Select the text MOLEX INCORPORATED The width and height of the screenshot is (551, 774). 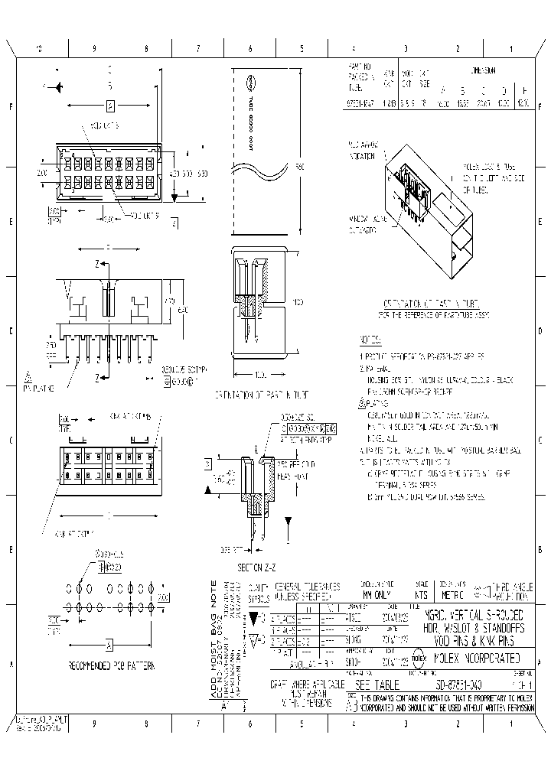pos(477,658)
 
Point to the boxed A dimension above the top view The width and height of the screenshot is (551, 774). pos(110,106)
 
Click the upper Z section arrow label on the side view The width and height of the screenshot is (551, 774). pos(98,264)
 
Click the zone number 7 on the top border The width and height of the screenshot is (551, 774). pos(197,48)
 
